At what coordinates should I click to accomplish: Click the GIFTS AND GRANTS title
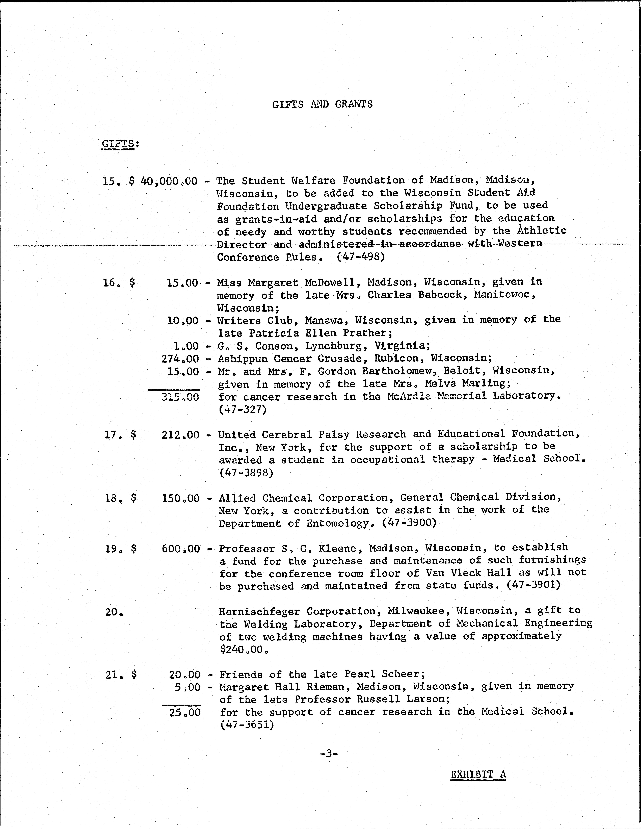point(322,104)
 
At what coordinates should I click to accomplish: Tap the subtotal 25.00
point(184,712)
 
